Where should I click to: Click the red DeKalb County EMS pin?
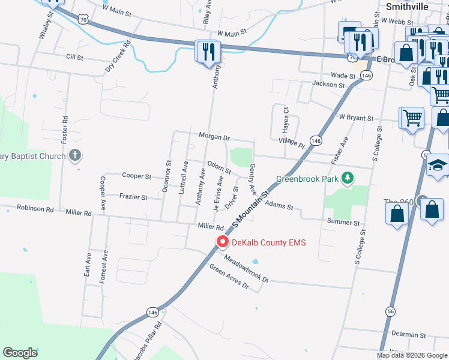[223, 242]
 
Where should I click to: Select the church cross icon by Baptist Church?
[74, 157]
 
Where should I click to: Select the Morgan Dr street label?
[214, 137]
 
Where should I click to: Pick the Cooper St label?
[136, 176]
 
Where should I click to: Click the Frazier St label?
[133, 196]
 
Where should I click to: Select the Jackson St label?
[329, 85]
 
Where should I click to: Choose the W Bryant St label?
[356, 118]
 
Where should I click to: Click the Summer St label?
[343, 222]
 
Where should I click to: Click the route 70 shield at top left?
[83, 20]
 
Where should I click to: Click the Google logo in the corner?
[20, 353]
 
